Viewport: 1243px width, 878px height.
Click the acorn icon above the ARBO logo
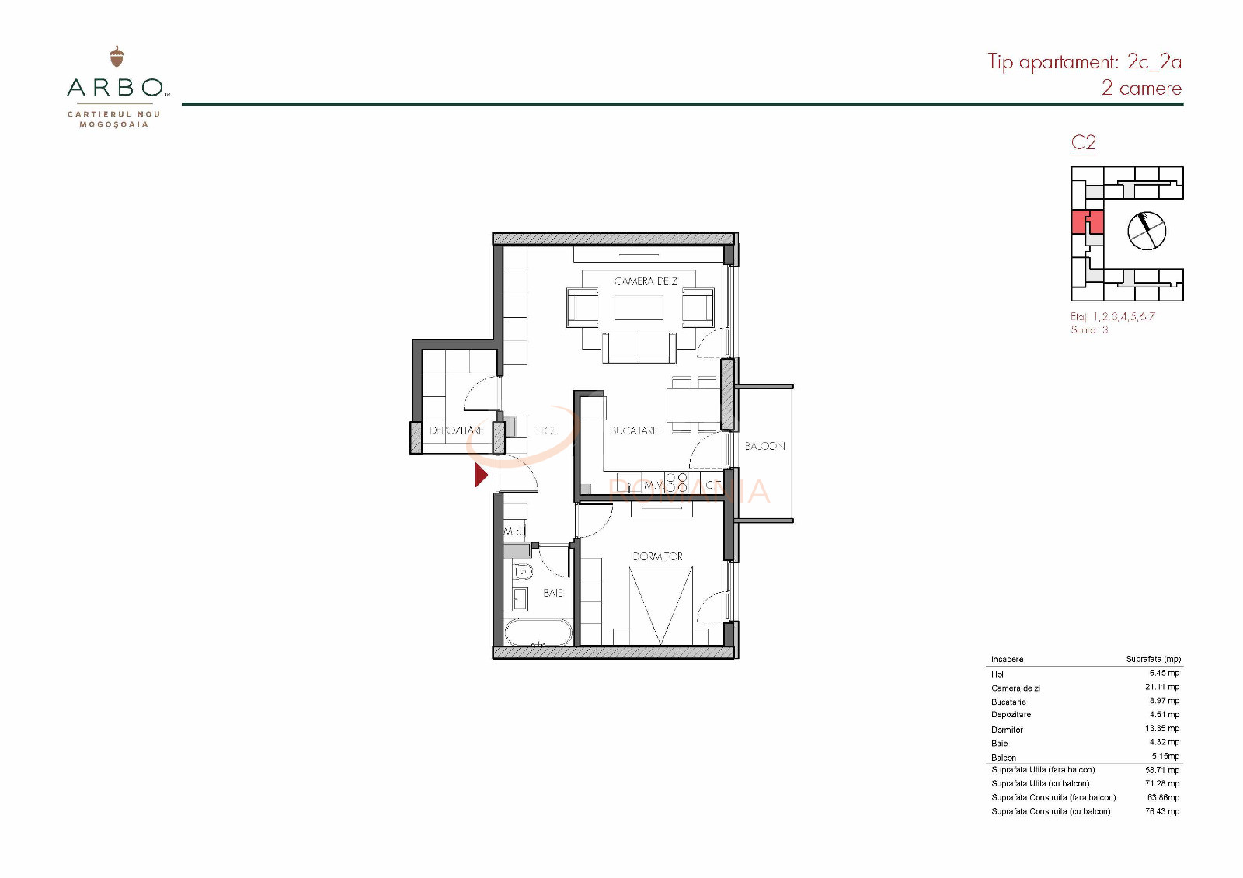[x=117, y=56]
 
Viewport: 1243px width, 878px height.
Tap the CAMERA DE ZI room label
[x=646, y=281]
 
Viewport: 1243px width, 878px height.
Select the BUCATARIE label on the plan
[x=635, y=430]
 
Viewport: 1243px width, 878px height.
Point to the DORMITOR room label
[x=657, y=556]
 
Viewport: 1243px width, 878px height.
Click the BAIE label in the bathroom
[x=553, y=593]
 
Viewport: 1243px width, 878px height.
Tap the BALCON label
[x=764, y=446]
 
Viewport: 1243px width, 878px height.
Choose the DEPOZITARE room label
[x=457, y=430]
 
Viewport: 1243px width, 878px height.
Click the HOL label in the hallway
[x=546, y=430]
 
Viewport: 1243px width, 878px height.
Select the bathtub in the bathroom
[x=538, y=632]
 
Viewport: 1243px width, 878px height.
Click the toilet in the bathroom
[x=524, y=572]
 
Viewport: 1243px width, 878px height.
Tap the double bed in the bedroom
[x=660, y=605]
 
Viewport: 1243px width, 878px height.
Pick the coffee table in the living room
[x=639, y=308]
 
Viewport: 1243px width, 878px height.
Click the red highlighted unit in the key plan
[x=1087, y=221]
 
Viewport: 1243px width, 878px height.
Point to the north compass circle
[x=1147, y=231]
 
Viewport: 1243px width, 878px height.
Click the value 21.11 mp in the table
[x=1161, y=687]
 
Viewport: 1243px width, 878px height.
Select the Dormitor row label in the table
[x=1007, y=730]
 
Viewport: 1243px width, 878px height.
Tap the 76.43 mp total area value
[x=1161, y=811]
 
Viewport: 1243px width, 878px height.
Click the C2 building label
[x=1083, y=142]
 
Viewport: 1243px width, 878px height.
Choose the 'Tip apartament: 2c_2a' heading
[x=1084, y=61]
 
